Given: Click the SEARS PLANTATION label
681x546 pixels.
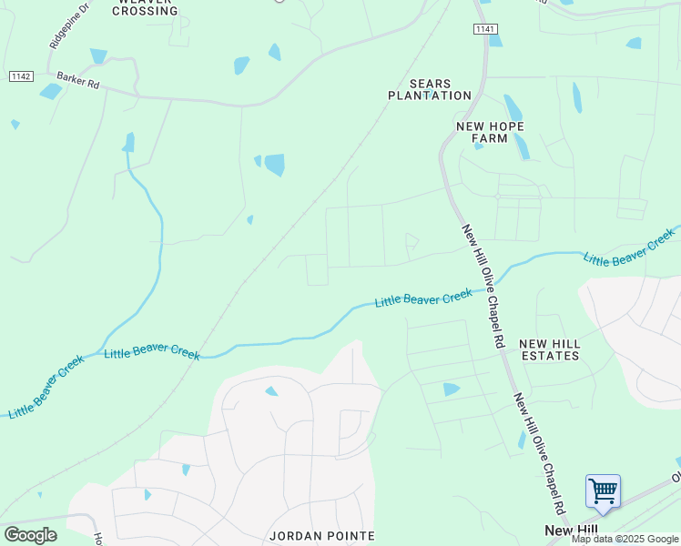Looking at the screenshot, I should (x=430, y=89).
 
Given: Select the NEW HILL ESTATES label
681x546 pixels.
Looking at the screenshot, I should (x=549, y=349).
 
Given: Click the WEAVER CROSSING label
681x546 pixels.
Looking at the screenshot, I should (x=145, y=6).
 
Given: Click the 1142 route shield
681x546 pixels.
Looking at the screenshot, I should (x=21, y=76).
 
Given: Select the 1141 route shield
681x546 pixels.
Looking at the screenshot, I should (x=485, y=30).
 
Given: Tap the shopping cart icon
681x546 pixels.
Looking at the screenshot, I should (x=603, y=492).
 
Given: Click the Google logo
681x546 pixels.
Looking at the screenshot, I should (x=30, y=534).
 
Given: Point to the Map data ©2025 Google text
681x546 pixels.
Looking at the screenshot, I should (x=625, y=539).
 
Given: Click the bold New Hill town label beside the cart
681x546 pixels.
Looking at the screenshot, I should (x=571, y=530).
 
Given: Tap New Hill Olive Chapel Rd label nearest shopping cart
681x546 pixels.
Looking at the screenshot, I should (x=539, y=451).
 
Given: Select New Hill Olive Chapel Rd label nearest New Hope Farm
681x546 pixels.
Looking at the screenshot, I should (x=483, y=287).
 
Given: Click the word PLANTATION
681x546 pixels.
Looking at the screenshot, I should (x=430, y=96).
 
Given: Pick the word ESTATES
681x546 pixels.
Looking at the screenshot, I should (x=549, y=356).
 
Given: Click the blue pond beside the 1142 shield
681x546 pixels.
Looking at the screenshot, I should (x=50, y=91).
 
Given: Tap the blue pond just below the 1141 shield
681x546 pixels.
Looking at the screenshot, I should (x=494, y=39).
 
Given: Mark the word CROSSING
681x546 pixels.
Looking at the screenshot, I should (x=145, y=11).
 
